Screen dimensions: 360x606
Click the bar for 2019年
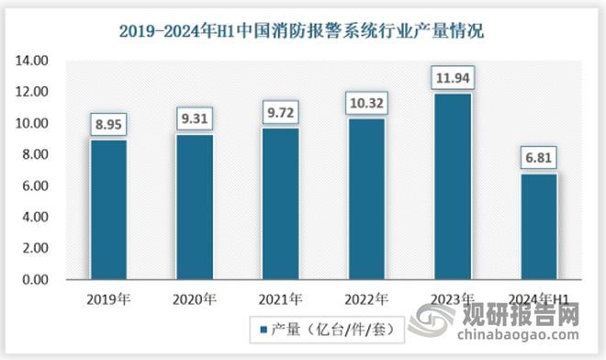[108, 208]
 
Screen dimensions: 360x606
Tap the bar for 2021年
[281, 203]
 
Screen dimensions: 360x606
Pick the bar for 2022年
[366, 198]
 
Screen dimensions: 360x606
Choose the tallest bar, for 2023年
[453, 186]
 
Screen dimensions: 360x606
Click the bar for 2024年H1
[539, 226]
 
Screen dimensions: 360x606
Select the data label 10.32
[366, 99]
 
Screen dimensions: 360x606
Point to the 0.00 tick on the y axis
[37, 279]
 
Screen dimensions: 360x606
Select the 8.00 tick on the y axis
[37, 154]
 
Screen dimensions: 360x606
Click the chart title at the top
[303, 29]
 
